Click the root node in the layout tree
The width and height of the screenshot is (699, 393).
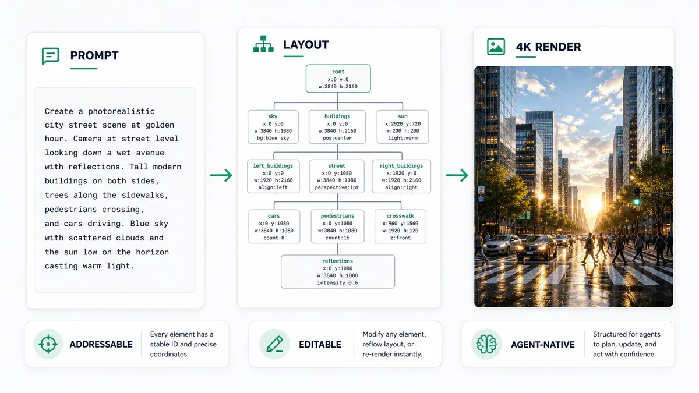(x=338, y=79)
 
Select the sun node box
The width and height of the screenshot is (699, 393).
(x=403, y=127)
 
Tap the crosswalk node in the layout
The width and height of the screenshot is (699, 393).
(x=400, y=226)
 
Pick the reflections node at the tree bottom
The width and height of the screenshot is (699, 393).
(x=338, y=272)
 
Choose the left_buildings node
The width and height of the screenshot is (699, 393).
(x=273, y=176)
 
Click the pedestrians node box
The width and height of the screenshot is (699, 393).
(x=337, y=226)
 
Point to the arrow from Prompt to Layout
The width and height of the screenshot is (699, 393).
(x=221, y=175)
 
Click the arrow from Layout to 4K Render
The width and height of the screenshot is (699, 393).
(x=457, y=175)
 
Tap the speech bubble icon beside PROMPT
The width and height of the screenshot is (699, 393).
(x=50, y=56)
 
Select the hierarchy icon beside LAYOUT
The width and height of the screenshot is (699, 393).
(x=263, y=44)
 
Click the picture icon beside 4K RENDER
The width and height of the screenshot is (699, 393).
(x=496, y=47)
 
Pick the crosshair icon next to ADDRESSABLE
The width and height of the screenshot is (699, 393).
(x=48, y=344)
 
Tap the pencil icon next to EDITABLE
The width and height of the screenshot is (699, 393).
(x=274, y=344)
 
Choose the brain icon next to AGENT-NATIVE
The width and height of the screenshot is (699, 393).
(x=486, y=344)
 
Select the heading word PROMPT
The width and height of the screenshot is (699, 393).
(x=94, y=55)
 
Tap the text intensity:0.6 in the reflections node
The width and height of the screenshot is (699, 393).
(x=337, y=282)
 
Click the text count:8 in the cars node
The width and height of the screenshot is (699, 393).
(x=274, y=238)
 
